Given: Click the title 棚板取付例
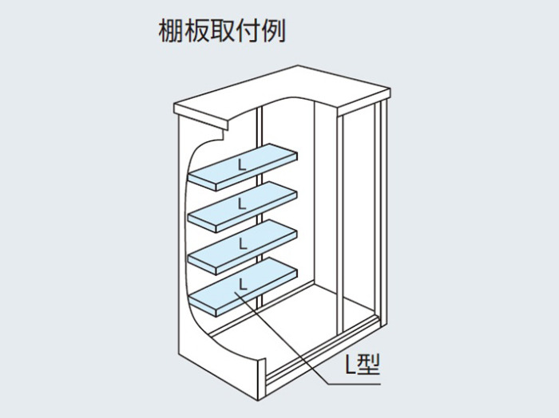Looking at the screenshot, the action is [222, 31].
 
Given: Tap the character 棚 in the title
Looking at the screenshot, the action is [171, 31].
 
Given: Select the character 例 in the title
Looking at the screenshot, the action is [273, 31].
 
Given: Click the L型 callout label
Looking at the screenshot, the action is [363, 364].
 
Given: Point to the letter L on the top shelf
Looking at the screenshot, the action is [242, 165].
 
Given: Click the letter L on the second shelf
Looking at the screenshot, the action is [242, 203].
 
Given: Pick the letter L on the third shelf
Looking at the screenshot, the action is [243, 243].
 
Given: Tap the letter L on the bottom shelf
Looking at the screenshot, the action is [243, 284].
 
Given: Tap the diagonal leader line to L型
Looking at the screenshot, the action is [282, 338].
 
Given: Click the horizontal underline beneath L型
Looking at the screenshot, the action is [355, 384].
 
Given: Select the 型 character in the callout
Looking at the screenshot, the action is [368, 364].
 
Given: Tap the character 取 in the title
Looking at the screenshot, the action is [222, 31].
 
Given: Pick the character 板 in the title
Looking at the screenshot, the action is [196, 31].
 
